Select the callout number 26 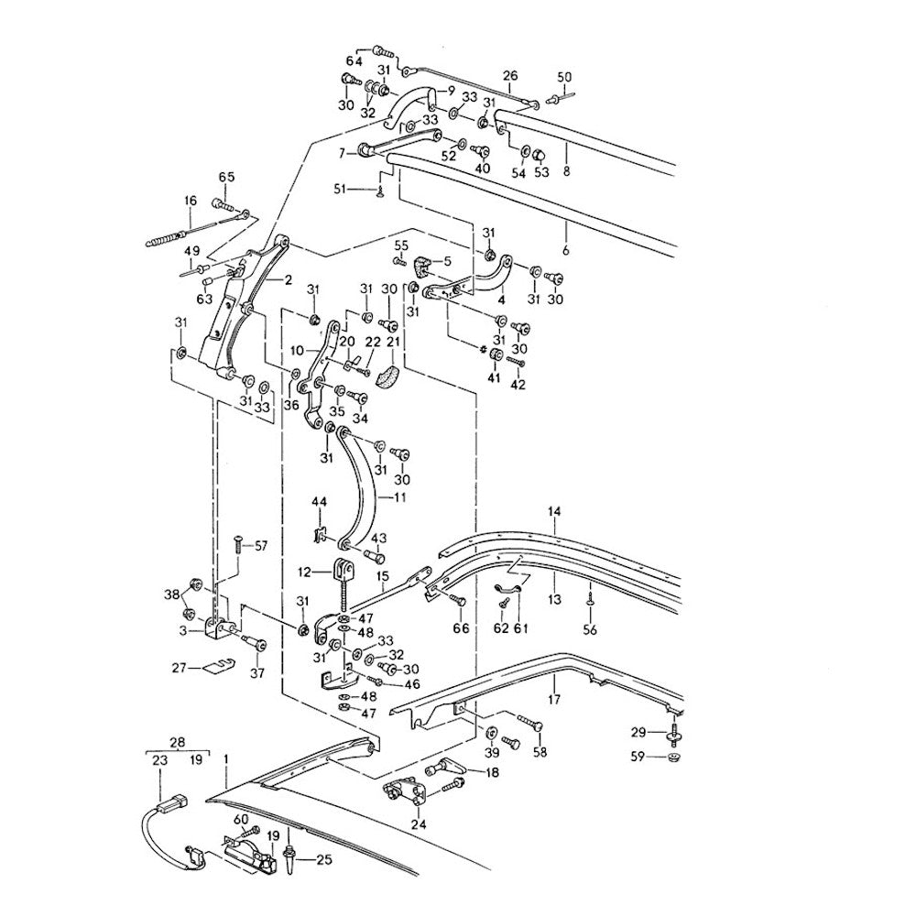click(510, 75)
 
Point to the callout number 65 click(226, 177)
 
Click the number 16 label click(191, 202)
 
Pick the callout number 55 click(401, 245)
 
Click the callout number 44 click(318, 502)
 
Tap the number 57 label click(261, 546)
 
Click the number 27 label click(180, 668)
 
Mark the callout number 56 click(590, 630)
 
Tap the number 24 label click(420, 823)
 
